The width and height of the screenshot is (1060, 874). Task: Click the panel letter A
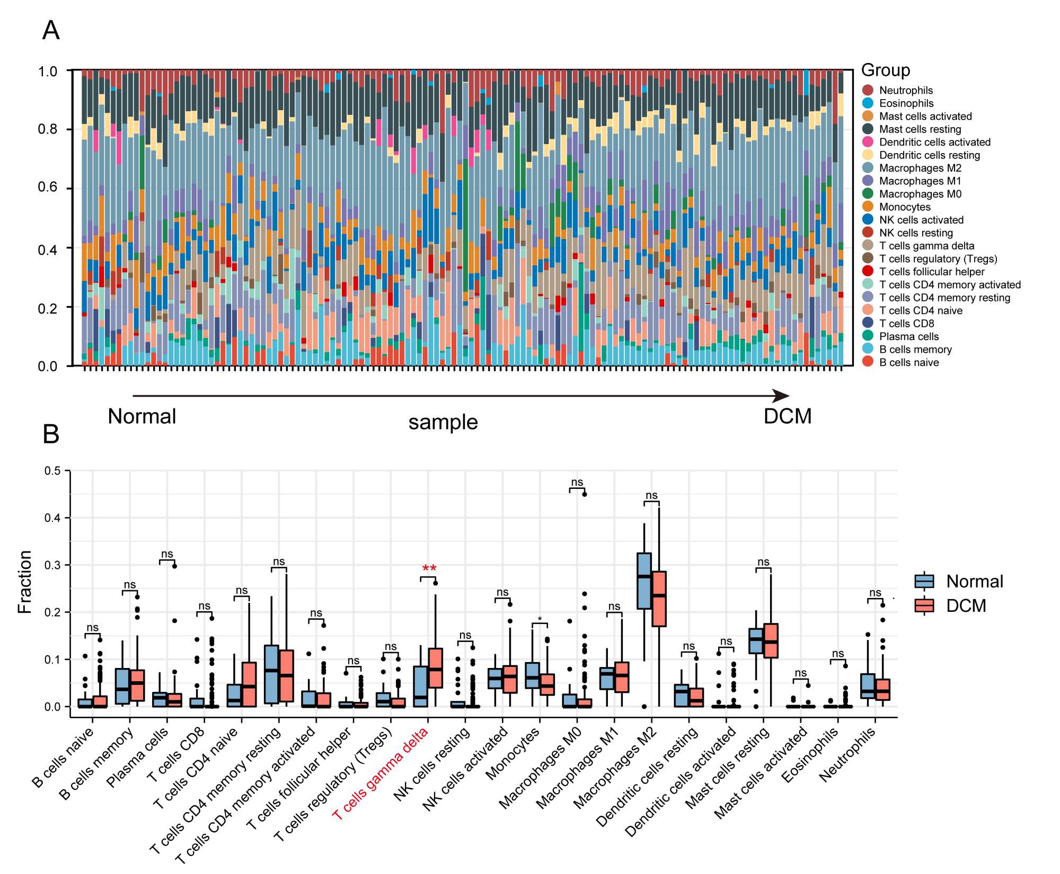51,30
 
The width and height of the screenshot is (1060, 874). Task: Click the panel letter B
51,434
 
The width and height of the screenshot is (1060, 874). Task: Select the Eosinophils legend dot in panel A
868,103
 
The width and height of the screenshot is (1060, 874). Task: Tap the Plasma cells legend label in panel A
908,336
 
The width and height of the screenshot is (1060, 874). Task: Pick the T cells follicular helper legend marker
868,272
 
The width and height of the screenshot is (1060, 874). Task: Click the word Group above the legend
885,70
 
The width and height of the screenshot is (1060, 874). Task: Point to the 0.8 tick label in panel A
48,129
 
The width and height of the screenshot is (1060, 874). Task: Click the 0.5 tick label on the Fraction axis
53,471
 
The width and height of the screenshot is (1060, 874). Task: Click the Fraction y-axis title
25,582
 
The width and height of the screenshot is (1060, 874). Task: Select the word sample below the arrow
443,423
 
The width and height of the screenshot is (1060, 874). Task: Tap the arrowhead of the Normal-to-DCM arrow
782,396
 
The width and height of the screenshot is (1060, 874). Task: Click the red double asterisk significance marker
429,568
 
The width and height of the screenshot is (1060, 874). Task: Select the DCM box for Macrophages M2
659,599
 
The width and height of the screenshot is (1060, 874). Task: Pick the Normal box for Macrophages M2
644,581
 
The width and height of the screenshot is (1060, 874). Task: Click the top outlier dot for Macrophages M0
585,494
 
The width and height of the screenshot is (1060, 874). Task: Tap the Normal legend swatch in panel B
924,581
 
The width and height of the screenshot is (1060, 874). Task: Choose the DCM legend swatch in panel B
924,605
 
